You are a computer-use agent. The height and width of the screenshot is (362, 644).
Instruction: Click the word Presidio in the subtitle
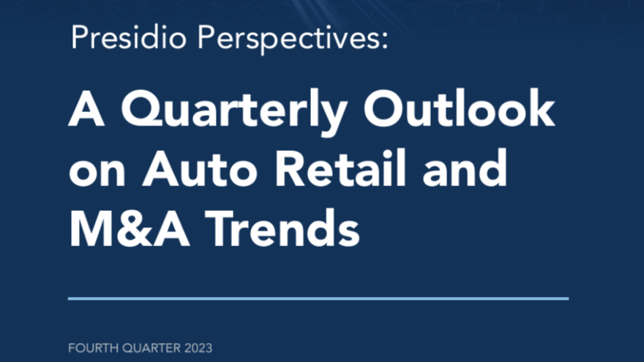pos(129,37)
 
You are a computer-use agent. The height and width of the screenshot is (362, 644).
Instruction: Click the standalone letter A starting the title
pos(86,108)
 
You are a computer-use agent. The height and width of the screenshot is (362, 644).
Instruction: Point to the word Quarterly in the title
pos(234,111)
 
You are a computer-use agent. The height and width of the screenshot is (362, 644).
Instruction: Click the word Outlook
pos(459,108)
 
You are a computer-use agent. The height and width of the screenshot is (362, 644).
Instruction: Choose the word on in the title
pos(97,173)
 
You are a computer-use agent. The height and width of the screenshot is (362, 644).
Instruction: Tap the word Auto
pos(200,169)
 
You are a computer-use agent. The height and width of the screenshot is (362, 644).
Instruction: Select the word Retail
pos(340,168)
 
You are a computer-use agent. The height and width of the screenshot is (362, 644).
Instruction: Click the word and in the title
pos(465,168)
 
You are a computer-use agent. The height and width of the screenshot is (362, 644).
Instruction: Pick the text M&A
pos(130,229)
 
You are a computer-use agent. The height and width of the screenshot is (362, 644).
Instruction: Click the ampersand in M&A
pos(135,229)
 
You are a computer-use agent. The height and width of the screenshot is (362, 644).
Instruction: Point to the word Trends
pos(282,229)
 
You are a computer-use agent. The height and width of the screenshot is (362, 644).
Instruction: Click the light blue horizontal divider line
pos(318,299)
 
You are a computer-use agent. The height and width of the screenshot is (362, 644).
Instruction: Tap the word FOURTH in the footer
pos(94,348)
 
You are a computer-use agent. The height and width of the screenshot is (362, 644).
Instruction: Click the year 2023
pos(198,348)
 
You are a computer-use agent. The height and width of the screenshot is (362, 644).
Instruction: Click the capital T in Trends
pos(222,229)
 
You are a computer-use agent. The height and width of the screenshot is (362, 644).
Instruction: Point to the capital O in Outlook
pos(383,108)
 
